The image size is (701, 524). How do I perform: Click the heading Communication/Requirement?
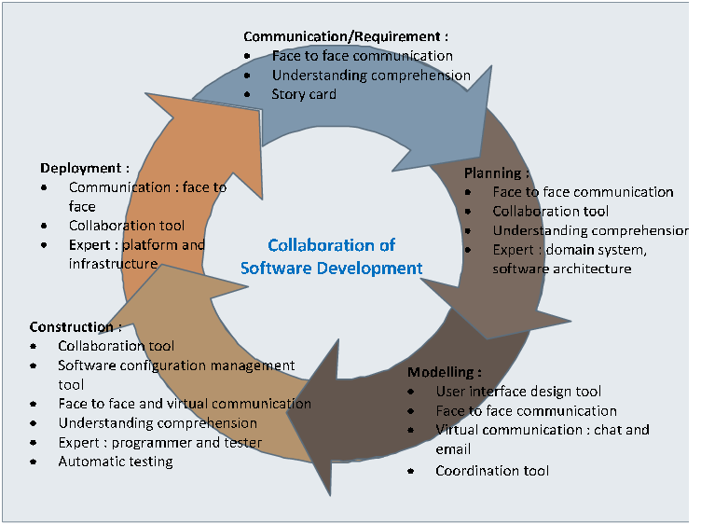coord(345,36)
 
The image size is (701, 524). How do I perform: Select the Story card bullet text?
coord(304,94)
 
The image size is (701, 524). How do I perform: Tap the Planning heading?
coord(496,173)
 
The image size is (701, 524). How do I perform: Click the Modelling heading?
coord(445,372)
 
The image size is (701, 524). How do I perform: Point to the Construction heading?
coord(75,327)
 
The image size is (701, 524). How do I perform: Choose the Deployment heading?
coord(84,168)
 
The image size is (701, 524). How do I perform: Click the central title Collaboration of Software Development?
coord(331,256)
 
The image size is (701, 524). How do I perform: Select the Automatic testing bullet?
coord(116,462)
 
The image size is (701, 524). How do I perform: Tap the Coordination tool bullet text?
coord(492,471)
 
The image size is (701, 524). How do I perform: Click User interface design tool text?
coord(518,392)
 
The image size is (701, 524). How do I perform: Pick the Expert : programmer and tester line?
coord(159,443)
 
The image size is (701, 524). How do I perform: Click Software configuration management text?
coord(176,365)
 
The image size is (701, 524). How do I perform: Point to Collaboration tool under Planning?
coord(550,212)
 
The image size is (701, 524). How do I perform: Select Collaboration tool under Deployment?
coord(127,226)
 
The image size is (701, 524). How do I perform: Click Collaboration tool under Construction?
coord(116,346)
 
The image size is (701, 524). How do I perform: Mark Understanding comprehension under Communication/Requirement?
coord(371,75)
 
